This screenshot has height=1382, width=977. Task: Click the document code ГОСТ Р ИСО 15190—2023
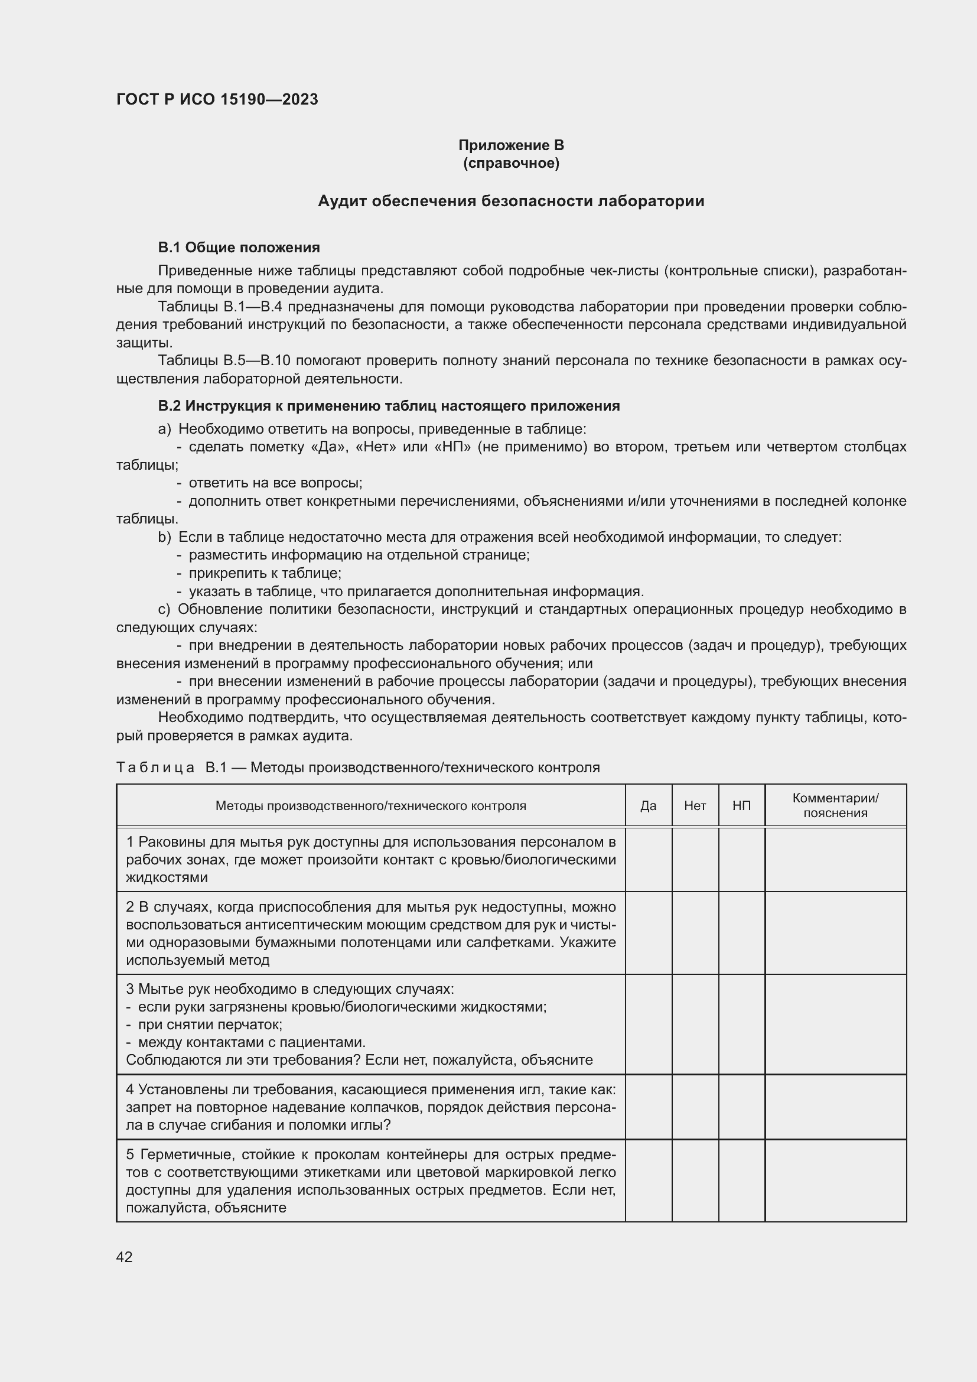click(x=217, y=99)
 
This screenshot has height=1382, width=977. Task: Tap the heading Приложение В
click(x=511, y=145)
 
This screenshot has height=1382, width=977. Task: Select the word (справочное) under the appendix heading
click(x=511, y=163)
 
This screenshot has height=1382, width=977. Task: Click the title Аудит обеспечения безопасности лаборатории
click(x=511, y=201)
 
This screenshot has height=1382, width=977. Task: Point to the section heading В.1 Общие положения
click(x=239, y=248)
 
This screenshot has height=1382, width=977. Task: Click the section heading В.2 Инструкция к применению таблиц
click(x=389, y=406)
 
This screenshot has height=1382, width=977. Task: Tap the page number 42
click(x=125, y=1257)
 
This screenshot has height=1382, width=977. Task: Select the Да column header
click(x=648, y=805)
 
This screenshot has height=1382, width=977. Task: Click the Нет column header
click(x=695, y=805)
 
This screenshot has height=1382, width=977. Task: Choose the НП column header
click(x=741, y=805)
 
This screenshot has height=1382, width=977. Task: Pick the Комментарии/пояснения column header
click(x=835, y=805)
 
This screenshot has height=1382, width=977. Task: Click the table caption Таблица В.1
click(x=358, y=768)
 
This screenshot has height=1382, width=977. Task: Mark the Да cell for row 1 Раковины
click(x=648, y=859)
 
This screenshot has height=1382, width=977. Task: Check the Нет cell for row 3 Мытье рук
click(x=695, y=1025)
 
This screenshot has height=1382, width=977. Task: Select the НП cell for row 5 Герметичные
click(x=741, y=1181)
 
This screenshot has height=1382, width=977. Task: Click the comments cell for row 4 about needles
click(x=835, y=1107)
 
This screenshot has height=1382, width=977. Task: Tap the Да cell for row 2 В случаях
click(x=648, y=933)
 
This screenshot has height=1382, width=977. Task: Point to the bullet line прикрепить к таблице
click(x=265, y=573)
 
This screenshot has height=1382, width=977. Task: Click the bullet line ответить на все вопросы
click(x=275, y=483)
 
